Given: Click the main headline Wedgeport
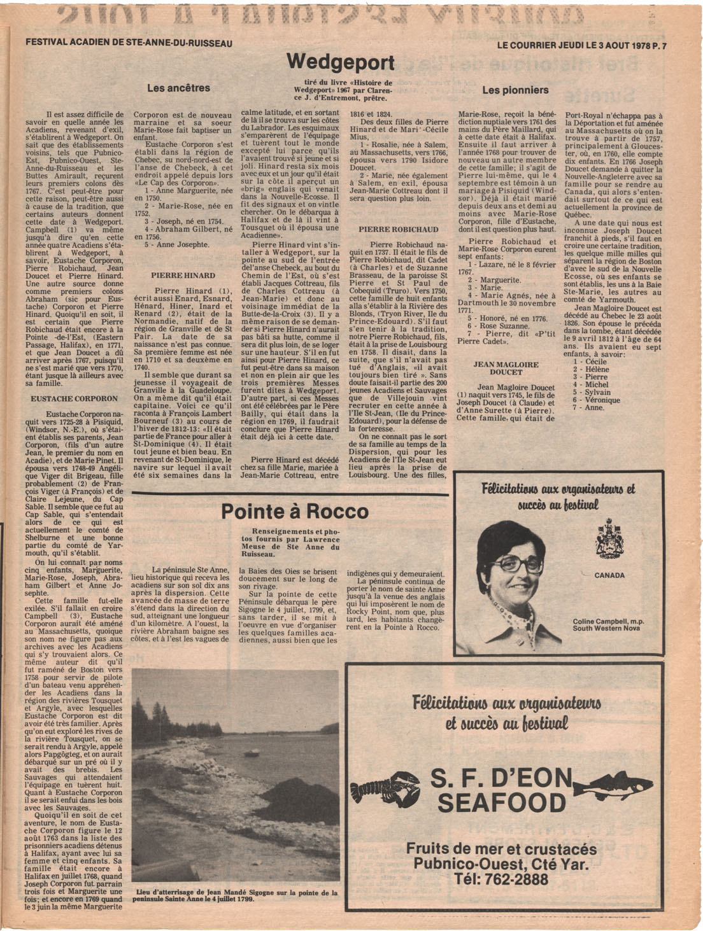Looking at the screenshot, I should [340, 62].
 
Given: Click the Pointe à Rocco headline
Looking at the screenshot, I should [294, 512].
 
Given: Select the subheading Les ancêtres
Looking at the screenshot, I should [178, 88].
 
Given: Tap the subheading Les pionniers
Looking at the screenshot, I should [515, 90].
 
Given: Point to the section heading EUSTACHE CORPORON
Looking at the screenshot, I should [75, 398].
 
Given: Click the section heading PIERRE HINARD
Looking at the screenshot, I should [183, 276].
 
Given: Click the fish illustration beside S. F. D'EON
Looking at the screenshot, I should [616, 785].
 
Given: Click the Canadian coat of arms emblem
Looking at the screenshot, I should [609, 538].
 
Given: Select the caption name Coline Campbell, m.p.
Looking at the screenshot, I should [607, 621].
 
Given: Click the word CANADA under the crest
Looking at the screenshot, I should [609, 575].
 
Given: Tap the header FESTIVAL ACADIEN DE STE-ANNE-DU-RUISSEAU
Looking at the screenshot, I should [129, 43].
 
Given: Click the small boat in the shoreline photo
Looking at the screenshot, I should [253, 753].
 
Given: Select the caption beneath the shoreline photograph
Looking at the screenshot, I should [236, 896].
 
